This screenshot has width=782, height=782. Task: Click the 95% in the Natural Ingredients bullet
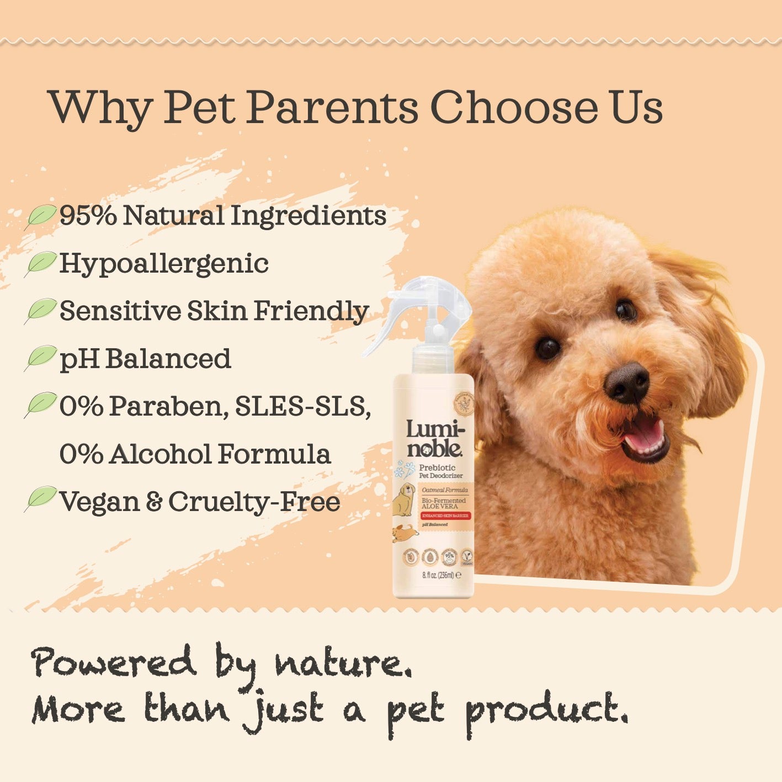88,215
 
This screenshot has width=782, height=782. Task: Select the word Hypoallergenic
164,264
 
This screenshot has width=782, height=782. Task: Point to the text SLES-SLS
302,407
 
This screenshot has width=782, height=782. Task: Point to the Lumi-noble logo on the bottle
435,439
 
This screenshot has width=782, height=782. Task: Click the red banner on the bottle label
445,515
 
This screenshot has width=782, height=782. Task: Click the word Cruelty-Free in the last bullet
254,502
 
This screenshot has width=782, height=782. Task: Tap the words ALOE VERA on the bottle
440,506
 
